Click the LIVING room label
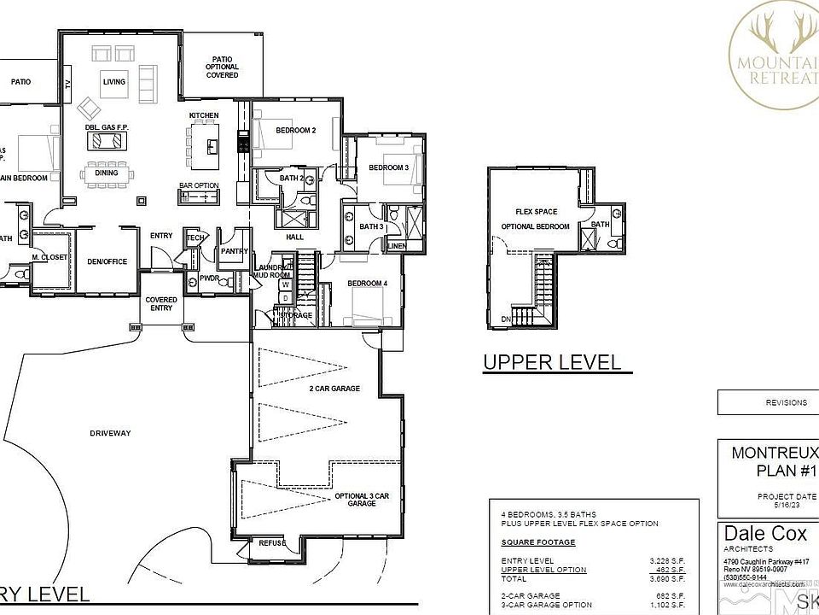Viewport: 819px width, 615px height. tap(114, 82)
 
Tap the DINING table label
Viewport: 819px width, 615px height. tap(107, 173)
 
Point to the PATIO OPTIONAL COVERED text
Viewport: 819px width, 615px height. tap(222, 67)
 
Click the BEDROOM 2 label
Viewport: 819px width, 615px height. tap(296, 131)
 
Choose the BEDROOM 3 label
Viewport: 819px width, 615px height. tap(388, 168)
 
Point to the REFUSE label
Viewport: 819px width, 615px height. tap(272, 542)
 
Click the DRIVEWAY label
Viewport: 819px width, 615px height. tap(111, 433)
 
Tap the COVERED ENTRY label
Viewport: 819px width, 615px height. tap(161, 303)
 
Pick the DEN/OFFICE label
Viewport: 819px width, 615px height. tap(107, 261)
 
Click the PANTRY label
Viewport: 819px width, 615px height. tap(233, 251)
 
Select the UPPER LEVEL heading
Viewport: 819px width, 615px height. tap(552, 362)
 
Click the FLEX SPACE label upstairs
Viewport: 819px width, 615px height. tap(536, 211)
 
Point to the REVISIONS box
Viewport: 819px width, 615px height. tap(768, 401)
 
